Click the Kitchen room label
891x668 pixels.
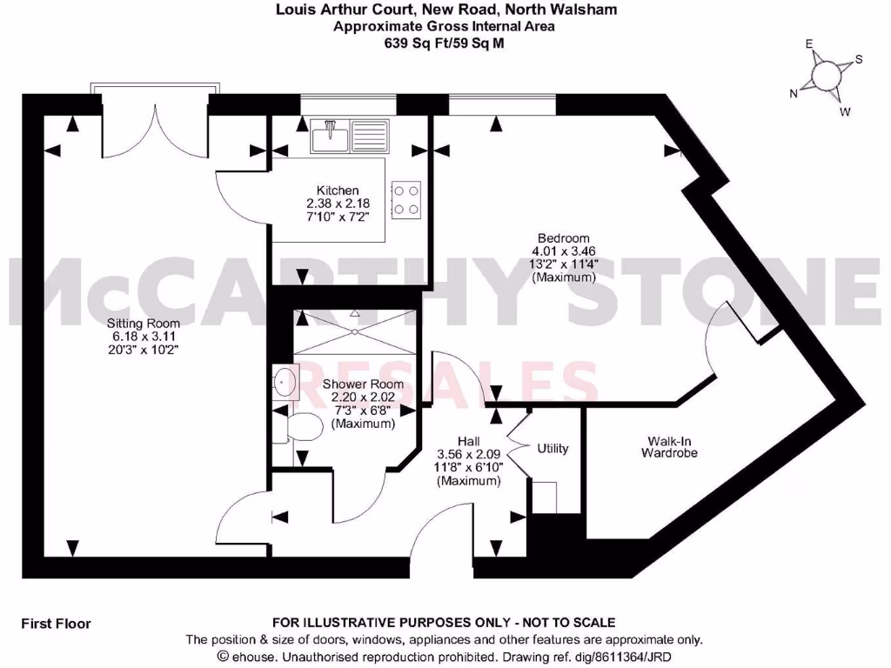(337, 191)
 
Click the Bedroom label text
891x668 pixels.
(563, 238)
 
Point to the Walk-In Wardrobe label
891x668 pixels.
(669, 446)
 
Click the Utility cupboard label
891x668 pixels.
(553, 449)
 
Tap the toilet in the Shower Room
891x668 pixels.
(302, 428)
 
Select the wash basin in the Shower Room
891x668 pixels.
(284, 381)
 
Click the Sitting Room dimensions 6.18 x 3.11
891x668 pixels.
(132, 337)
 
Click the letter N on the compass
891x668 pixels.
(793, 94)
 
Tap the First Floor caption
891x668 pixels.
(56, 624)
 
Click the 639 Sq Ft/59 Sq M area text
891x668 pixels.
(445, 42)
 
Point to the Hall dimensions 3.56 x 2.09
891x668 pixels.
(467, 455)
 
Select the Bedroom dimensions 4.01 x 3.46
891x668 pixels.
(563, 251)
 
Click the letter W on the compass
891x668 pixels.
(845, 111)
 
